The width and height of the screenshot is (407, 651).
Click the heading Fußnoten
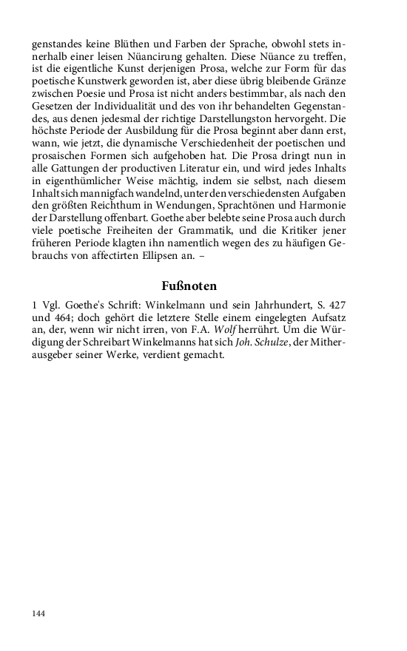tap(189, 286)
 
